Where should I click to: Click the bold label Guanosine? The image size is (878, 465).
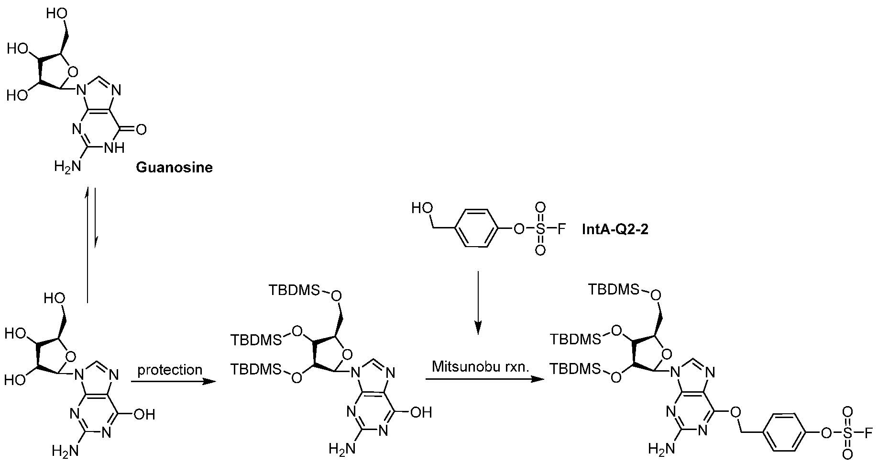click(174, 167)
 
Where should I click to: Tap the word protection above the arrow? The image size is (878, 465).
click(170, 370)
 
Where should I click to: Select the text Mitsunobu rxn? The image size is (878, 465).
click(480, 367)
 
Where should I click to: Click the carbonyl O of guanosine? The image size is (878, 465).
click(141, 129)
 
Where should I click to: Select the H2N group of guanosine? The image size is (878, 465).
click(65, 167)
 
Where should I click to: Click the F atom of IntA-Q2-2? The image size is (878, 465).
click(561, 229)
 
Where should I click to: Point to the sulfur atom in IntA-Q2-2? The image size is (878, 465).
click(540, 229)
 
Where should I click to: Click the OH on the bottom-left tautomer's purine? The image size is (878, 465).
click(144, 414)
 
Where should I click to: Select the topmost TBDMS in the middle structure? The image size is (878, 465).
click(293, 290)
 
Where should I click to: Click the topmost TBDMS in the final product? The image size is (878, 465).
click(612, 290)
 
